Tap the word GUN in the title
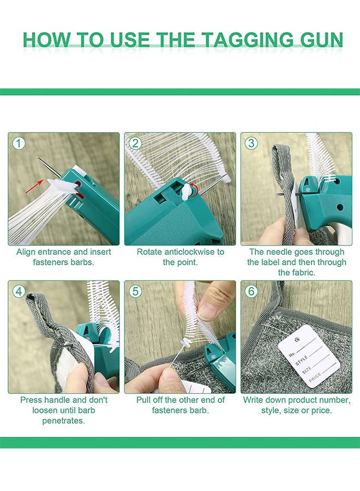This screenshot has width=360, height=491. [321, 40]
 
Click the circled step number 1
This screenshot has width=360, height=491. [19, 143]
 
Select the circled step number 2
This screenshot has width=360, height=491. [135, 143]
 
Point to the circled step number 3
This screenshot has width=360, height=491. [251, 143]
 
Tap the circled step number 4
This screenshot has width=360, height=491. [19, 291]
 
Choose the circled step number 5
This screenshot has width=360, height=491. [135, 291]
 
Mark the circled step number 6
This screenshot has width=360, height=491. [251, 291]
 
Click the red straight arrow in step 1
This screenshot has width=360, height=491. [34, 187]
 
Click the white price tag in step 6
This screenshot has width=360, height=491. [309, 356]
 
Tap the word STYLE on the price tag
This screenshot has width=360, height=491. [302, 361]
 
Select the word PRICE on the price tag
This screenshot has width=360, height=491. [315, 378]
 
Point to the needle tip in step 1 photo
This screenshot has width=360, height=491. [37, 157]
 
